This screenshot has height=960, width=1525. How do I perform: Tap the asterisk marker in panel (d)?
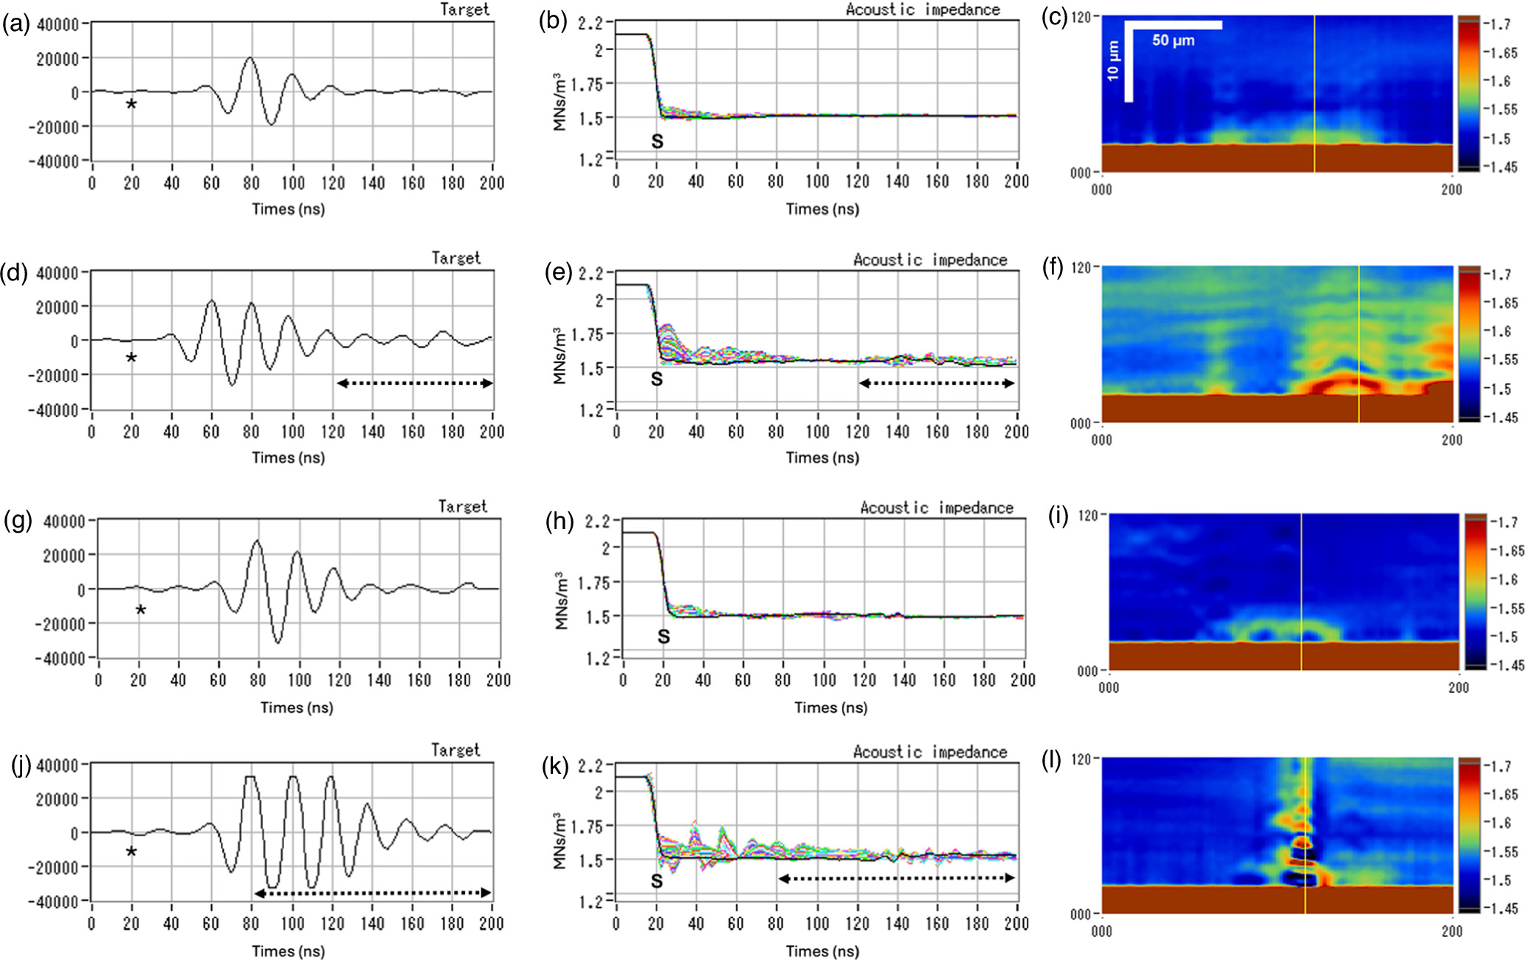click(131, 358)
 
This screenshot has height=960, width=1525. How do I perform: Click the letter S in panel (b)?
click(657, 141)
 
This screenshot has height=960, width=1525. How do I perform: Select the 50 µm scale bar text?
click(1173, 41)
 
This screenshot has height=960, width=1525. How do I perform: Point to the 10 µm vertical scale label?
click(1113, 61)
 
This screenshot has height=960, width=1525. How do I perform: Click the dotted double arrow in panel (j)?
click(372, 893)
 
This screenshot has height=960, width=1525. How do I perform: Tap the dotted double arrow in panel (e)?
click(937, 383)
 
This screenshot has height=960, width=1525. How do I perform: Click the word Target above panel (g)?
click(462, 506)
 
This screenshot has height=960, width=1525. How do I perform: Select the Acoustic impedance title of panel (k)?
click(929, 752)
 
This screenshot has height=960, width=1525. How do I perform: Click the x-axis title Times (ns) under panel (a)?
click(288, 209)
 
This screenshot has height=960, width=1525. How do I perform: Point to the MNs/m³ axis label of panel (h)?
click(562, 600)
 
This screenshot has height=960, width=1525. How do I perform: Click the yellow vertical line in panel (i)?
click(1301, 590)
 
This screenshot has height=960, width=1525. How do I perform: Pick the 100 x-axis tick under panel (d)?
click(292, 432)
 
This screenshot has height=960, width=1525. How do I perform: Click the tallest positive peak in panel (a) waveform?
click(251, 58)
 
